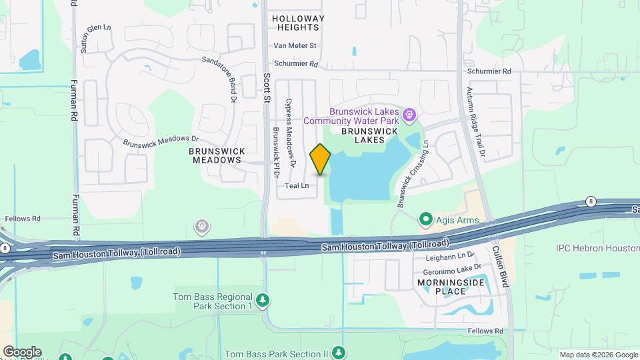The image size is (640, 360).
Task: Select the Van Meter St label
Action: (295, 46)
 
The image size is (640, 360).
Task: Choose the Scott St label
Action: (266, 87)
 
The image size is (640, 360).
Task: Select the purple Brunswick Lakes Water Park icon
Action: (409, 117)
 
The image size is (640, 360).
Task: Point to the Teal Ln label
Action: (297, 186)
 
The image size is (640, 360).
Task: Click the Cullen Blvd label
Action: (501, 264)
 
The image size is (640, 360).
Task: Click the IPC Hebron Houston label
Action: (597, 248)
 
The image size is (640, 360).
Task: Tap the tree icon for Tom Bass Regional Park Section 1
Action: (263, 301)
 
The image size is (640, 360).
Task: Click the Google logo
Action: (23, 351)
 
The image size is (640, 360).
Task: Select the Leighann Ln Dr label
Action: (449, 256)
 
